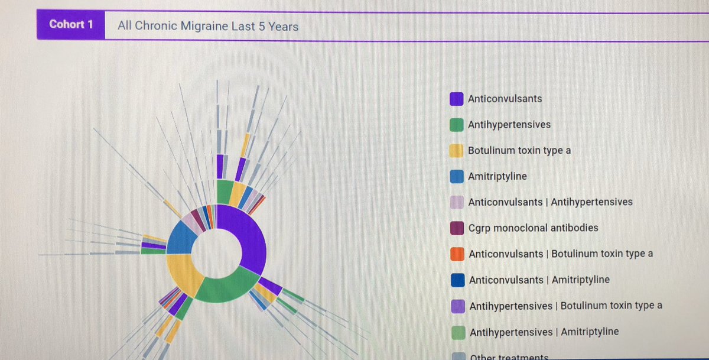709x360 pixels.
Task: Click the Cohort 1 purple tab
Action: coord(70,25)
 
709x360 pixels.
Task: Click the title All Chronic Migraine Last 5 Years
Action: coord(208,26)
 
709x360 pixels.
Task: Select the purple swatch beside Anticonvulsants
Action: coord(456,99)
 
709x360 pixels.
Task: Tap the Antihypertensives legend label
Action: coord(509,125)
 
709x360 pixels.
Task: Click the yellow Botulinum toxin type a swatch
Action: coord(456,151)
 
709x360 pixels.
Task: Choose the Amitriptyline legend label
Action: coord(497,176)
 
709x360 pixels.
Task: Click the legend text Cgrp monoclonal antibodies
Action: coord(533,228)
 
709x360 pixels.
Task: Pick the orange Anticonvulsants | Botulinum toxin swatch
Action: coord(457,254)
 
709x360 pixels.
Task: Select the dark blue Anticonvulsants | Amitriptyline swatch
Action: coord(457,280)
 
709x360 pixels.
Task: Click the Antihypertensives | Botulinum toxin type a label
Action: coord(565,306)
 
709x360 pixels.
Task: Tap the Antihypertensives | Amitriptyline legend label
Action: coord(544,332)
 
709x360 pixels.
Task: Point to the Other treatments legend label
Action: coord(509,356)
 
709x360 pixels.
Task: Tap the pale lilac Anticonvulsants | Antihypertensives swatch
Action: coord(457,202)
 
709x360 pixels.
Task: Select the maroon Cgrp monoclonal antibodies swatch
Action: coord(457,228)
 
